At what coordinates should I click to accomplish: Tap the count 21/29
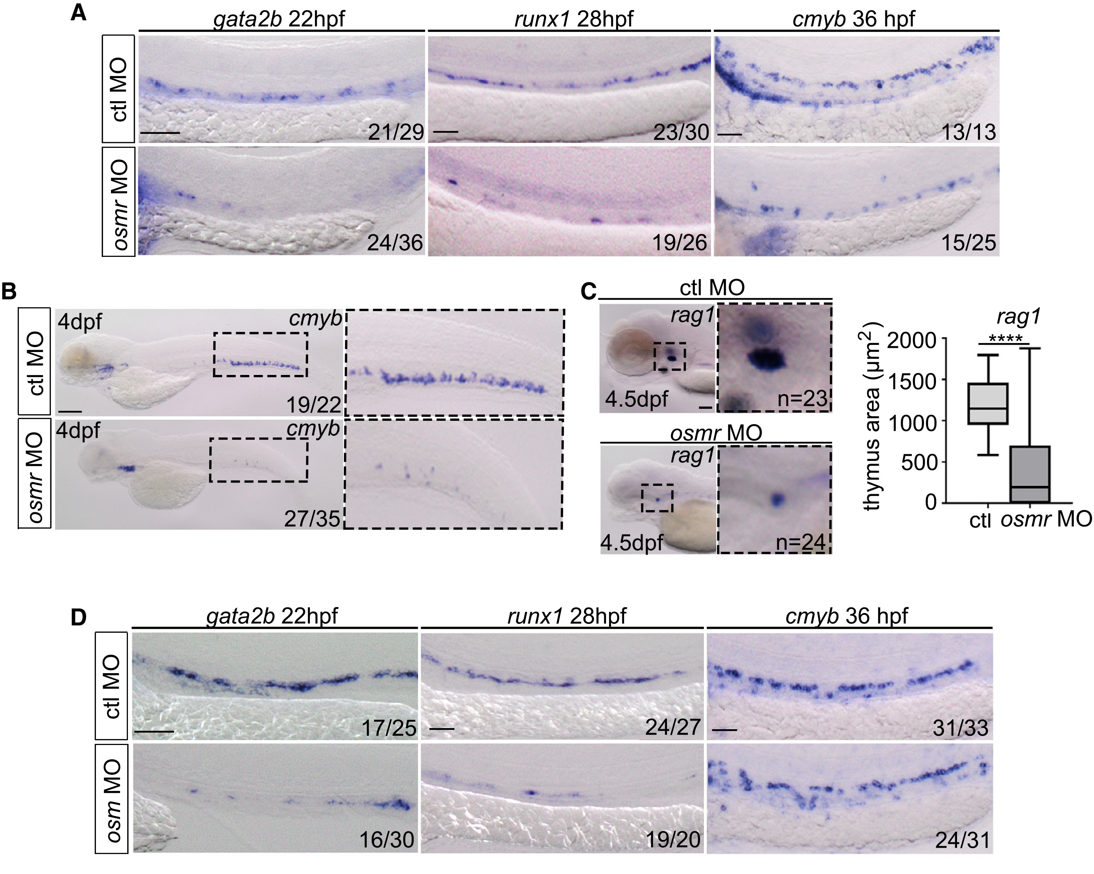click(x=396, y=132)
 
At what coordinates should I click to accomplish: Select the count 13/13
click(x=968, y=132)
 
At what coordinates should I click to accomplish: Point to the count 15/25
click(x=968, y=243)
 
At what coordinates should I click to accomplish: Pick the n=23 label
click(x=802, y=399)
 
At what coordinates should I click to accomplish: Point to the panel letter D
click(x=78, y=618)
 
